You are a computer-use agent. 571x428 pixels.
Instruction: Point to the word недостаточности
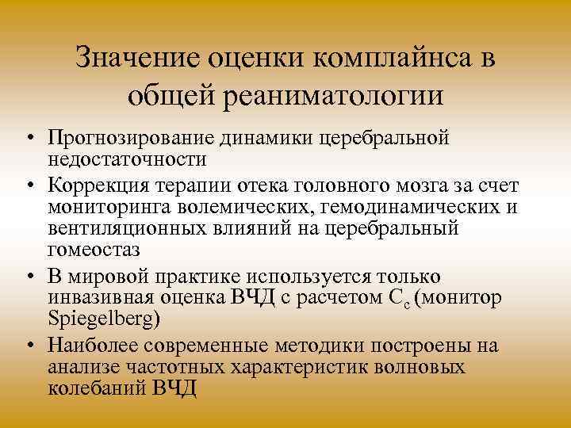128,159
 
